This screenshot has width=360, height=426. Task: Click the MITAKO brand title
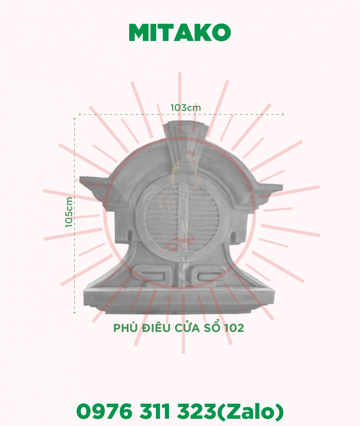pyautogui.click(x=180, y=32)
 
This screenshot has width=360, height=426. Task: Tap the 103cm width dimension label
pyautogui.click(x=186, y=108)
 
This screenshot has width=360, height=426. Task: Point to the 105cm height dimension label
pyautogui.click(x=69, y=212)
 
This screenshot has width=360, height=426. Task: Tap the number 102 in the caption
pyautogui.click(x=234, y=328)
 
